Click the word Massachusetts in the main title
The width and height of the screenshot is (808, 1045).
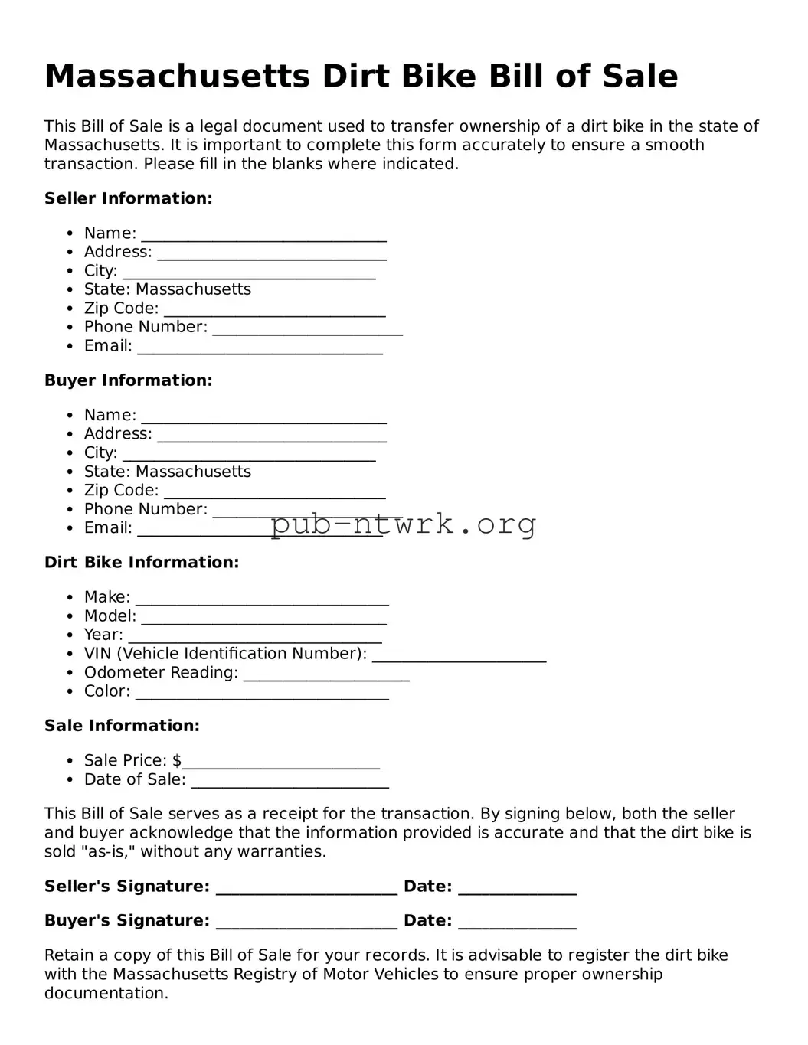pyautogui.click(x=177, y=77)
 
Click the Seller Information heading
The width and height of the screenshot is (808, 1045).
pyautogui.click(x=128, y=198)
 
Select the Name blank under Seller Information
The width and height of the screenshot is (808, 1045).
pyautogui.click(x=263, y=234)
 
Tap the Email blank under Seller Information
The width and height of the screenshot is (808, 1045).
pyautogui.click(x=260, y=348)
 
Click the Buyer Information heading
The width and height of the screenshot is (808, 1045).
pyautogui.click(x=128, y=380)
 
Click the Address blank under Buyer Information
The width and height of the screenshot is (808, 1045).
pyautogui.click(x=271, y=436)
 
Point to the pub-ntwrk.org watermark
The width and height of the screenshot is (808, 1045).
pyautogui.click(x=403, y=524)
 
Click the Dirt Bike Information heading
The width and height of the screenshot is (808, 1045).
pyautogui.click(x=142, y=563)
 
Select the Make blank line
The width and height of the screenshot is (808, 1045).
pyautogui.click(x=262, y=599)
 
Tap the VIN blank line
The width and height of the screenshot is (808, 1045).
pyautogui.click(x=459, y=655)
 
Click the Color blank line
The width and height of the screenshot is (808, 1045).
pyautogui.click(x=262, y=693)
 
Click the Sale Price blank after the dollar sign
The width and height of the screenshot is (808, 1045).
pyautogui.click(x=281, y=763)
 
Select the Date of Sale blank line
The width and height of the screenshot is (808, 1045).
pyautogui.click(x=290, y=782)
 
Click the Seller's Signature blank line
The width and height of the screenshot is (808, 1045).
pyautogui.click(x=306, y=888)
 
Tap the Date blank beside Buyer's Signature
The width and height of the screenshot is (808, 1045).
pyautogui.click(x=517, y=923)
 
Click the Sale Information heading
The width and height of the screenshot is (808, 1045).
pyautogui.click(x=122, y=726)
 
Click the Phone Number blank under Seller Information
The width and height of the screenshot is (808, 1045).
pyautogui.click(x=307, y=329)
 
